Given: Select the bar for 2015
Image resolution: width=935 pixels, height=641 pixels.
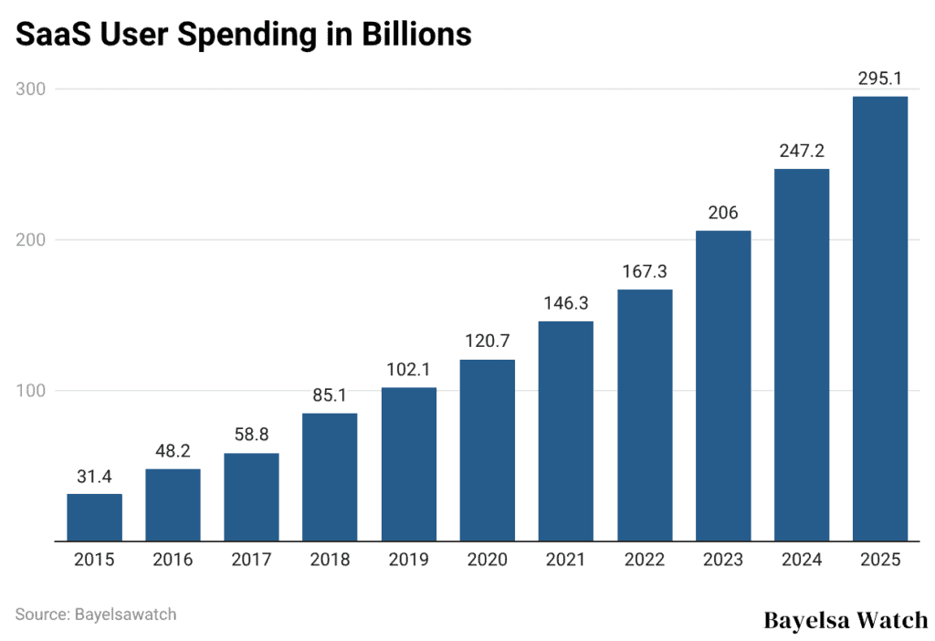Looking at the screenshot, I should (94, 517).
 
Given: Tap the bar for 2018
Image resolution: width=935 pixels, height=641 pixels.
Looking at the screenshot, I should (330, 477).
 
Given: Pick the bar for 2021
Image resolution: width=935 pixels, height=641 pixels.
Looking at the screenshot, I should (565, 431).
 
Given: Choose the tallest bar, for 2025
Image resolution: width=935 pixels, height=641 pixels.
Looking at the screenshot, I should (879, 319).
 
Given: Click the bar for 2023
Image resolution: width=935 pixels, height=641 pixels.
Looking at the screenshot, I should (722, 385).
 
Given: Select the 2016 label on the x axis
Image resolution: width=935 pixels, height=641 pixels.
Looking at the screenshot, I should (173, 560).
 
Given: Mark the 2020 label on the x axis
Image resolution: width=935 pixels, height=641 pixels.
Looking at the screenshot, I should (487, 560).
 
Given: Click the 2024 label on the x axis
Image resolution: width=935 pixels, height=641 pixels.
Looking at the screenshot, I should (801, 560).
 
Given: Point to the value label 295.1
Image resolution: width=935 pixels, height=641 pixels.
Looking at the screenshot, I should (879, 79).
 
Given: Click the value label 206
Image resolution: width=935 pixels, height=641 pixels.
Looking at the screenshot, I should (722, 213).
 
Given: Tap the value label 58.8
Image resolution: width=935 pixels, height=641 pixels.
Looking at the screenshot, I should (251, 436).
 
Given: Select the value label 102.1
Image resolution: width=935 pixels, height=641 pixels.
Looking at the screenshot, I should (408, 370).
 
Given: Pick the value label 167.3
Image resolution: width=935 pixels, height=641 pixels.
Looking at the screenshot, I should (644, 271).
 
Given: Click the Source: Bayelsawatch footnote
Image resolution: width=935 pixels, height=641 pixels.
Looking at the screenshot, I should (96, 614).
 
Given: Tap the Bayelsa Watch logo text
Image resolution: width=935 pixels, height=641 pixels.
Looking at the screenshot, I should (845, 621).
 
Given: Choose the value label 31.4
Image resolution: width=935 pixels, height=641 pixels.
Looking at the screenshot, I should (94, 477).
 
